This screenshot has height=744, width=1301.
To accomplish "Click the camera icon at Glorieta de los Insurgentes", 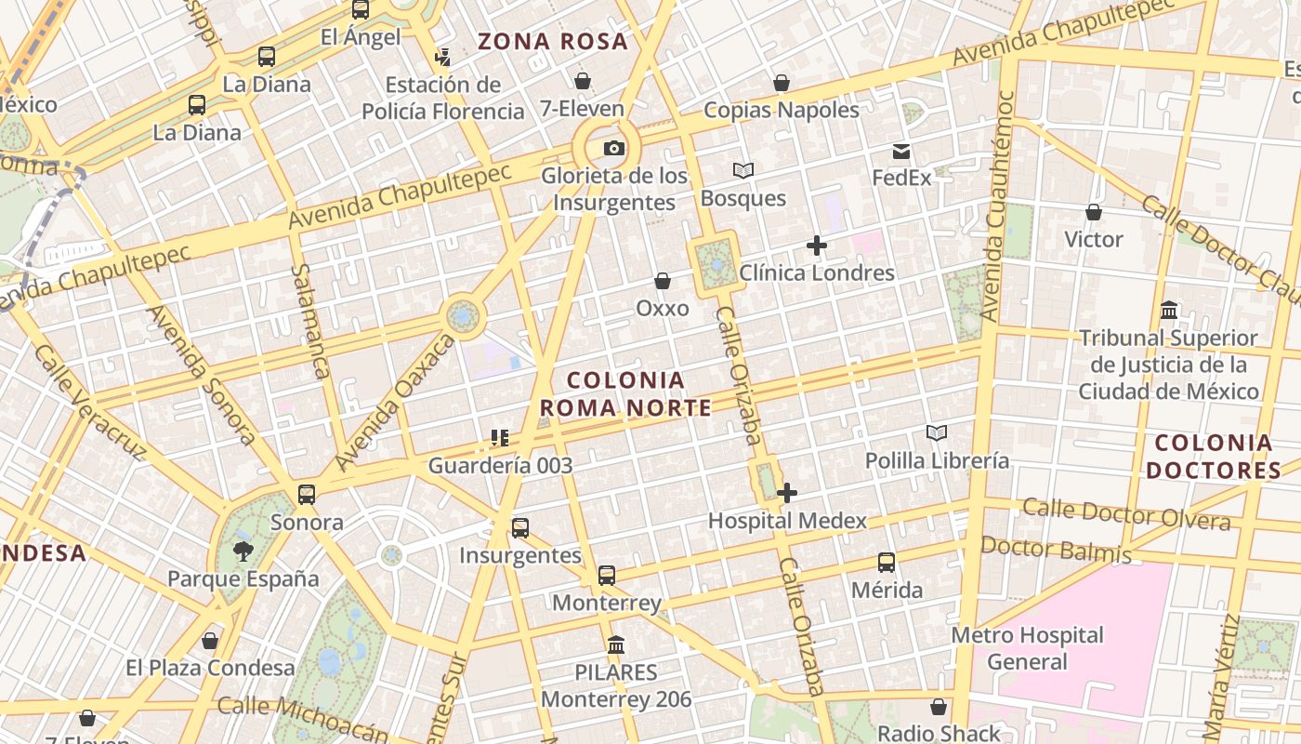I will (x=613, y=149).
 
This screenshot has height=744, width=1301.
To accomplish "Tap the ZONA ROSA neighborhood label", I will (x=553, y=42).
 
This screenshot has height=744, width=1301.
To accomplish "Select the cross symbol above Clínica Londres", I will (x=817, y=246).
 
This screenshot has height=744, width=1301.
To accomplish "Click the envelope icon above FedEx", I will (x=901, y=152).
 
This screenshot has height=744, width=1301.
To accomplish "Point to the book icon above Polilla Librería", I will (x=936, y=432).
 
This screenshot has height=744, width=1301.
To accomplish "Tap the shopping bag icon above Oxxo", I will (x=663, y=281).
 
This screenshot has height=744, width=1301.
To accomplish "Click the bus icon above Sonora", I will (x=307, y=495).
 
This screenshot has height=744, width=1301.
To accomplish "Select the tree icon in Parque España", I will (x=243, y=551).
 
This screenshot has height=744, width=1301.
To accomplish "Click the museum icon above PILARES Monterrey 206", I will (x=615, y=644).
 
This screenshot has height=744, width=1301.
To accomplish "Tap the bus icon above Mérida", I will (x=887, y=563).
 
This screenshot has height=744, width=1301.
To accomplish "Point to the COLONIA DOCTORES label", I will (x=1214, y=457).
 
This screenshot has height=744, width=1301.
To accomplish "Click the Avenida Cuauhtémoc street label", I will (x=994, y=205).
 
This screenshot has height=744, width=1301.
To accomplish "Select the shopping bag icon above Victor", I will (x=1094, y=212).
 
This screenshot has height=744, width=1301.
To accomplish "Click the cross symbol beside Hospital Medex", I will (x=787, y=493).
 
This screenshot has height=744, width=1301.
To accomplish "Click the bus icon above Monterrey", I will (x=607, y=576).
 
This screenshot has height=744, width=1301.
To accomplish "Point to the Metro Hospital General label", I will (x=1027, y=649).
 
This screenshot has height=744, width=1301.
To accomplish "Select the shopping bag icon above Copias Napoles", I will (x=782, y=83).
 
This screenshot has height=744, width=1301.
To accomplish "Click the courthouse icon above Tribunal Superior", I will (x=1169, y=311).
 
